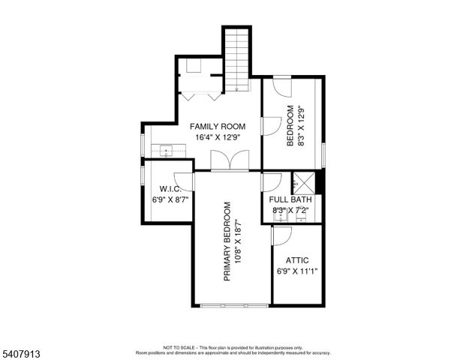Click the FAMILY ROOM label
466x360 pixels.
(x=218, y=126)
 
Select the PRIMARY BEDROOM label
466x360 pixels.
(x=227, y=241)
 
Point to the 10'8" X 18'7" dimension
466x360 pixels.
(x=238, y=241)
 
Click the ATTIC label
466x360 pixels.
(x=297, y=260)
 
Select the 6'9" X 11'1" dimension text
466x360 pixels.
(x=297, y=271)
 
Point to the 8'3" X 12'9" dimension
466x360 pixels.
(x=302, y=128)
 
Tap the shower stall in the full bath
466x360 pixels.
(x=304, y=182)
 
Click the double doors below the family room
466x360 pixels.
(x=229, y=161)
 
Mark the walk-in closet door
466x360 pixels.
(x=185, y=181)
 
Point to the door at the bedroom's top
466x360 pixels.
(x=282, y=86)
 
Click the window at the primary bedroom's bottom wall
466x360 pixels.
(x=233, y=304)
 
